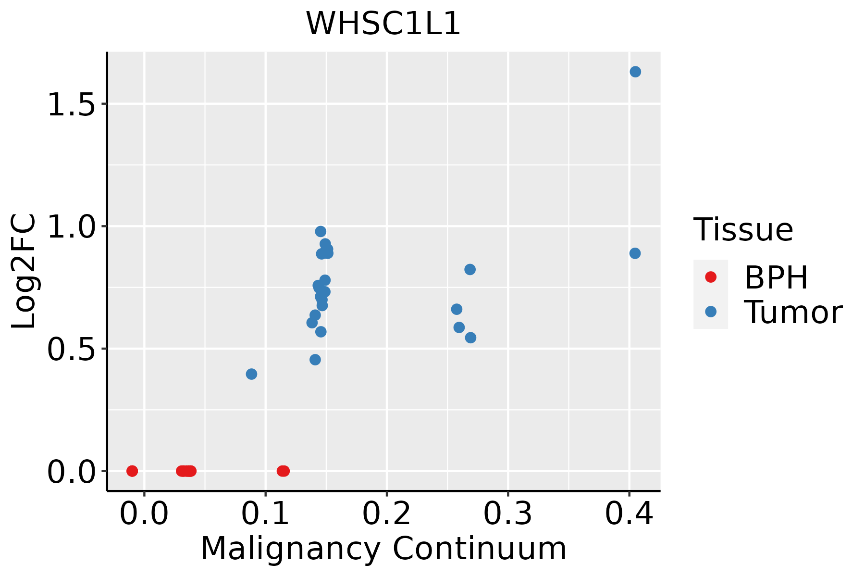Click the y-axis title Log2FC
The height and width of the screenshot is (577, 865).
(x=24, y=272)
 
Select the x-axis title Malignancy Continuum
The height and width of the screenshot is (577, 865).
(x=383, y=549)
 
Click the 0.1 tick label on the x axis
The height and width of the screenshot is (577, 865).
(x=265, y=514)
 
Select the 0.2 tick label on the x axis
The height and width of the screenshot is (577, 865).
(x=386, y=514)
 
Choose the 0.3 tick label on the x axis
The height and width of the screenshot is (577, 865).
(x=507, y=514)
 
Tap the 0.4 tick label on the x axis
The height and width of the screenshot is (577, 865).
(x=629, y=514)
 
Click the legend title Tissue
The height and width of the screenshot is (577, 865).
(x=743, y=230)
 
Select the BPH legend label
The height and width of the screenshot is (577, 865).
(x=776, y=277)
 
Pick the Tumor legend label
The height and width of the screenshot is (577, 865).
(x=793, y=313)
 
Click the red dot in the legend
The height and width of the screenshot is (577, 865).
(x=710, y=277)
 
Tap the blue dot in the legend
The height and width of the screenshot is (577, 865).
(x=710, y=312)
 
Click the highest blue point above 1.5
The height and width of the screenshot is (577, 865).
(x=635, y=72)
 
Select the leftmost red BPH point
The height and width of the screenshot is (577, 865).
(x=132, y=471)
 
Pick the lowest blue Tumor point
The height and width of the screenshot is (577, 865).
(x=251, y=374)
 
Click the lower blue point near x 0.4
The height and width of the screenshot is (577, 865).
(x=635, y=253)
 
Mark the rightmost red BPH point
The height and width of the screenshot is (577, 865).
(x=284, y=471)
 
